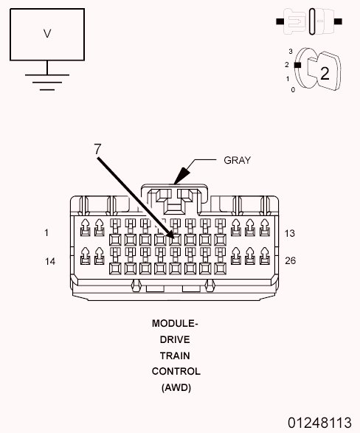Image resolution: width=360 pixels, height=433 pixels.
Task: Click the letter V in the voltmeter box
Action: pos(48,33)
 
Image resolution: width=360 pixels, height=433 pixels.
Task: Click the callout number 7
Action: pos(97,148)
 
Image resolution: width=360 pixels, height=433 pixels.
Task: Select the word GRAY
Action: pos(238,159)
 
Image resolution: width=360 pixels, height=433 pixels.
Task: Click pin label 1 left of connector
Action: pos(46,233)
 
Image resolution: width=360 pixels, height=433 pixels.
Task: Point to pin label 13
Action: pos(290,233)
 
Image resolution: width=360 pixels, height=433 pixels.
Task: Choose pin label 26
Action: pos(290,260)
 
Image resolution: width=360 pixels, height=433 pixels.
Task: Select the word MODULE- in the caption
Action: pos(176,324)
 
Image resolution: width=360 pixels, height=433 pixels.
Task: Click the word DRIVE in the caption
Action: pos(176,339)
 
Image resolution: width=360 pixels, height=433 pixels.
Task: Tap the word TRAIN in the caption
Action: pos(176,356)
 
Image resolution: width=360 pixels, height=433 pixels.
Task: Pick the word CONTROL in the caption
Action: pos(176,371)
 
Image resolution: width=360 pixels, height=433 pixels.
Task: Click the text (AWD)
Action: pos(176,387)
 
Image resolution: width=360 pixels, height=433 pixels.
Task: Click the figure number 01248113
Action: pos(319,423)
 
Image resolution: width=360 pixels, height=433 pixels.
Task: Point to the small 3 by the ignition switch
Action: pos(291,52)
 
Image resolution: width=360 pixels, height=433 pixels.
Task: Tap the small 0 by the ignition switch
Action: pos(293,89)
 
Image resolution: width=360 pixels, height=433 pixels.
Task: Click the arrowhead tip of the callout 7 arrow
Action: pos(176,239)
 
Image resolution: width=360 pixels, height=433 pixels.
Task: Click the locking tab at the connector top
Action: pos(176,196)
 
